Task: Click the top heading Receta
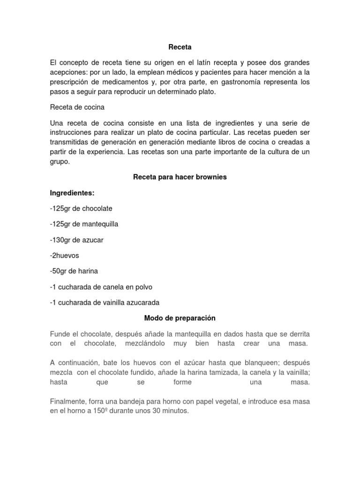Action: click(180, 47)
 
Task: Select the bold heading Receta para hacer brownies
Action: click(180, 177)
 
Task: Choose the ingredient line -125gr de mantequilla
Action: click(84, 224)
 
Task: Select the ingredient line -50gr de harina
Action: click(74, 271)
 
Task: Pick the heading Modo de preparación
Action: click(180, 318)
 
